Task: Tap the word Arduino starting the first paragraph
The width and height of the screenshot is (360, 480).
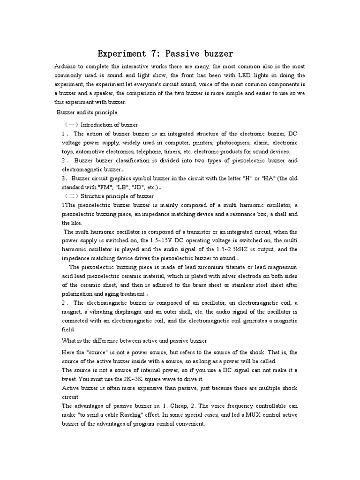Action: (66, 67)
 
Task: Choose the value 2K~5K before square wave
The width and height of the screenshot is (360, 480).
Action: (139, 379)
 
